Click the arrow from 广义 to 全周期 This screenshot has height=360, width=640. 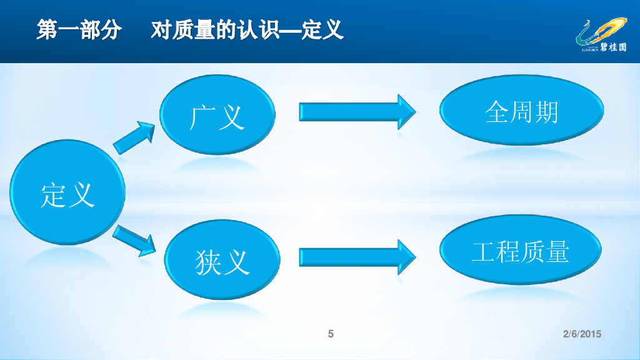[357, 112]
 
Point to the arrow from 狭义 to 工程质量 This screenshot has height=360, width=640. [357, 256]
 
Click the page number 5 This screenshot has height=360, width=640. [331, 334]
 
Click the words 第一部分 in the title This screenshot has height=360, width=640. [79, 30]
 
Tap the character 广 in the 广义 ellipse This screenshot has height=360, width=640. [202, 117]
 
